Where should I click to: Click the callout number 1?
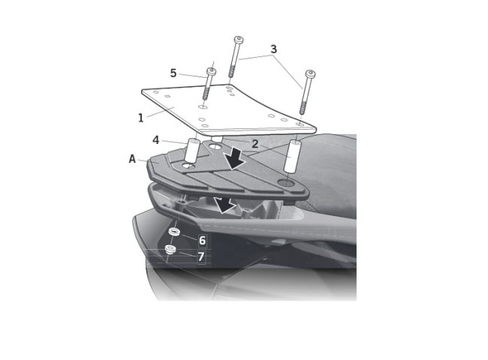(x=141, y=118)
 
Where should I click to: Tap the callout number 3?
(x=273, y=49)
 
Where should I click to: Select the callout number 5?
(x=173, y=73)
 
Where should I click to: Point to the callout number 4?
(x=156, y=140)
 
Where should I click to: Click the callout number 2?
(x=255, y=144)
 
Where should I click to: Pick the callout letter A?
(x=132, y=159)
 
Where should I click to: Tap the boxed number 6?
(x=202, y=240)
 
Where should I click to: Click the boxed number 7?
(x=201, y=256)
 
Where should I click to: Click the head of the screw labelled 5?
(x=212, y=72)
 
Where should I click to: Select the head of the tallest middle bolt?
(x=239, y=40)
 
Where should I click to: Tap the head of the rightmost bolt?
(x=310, y=74)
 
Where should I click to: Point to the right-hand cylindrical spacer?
(x=292, y=155)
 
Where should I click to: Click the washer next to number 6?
(x=174, y=232)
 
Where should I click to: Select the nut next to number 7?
(x=170, y=249)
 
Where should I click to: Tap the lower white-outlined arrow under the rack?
(x=224, y=205)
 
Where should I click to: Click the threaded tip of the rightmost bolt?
(x=303, y=107)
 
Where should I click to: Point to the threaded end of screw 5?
(x=206, y=94)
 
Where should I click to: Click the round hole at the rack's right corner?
(x=287, y=182)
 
